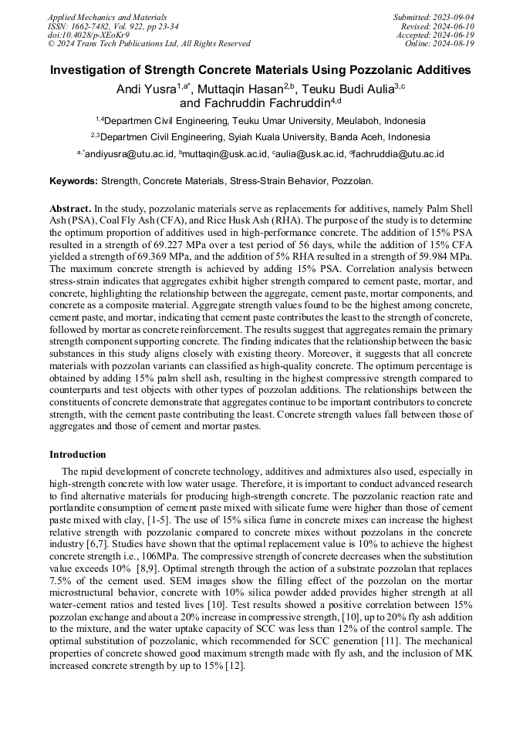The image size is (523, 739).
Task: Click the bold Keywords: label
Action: point(74,181)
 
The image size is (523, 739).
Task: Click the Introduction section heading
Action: point(78,455)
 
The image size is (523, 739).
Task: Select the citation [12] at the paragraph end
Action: point(233,666)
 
